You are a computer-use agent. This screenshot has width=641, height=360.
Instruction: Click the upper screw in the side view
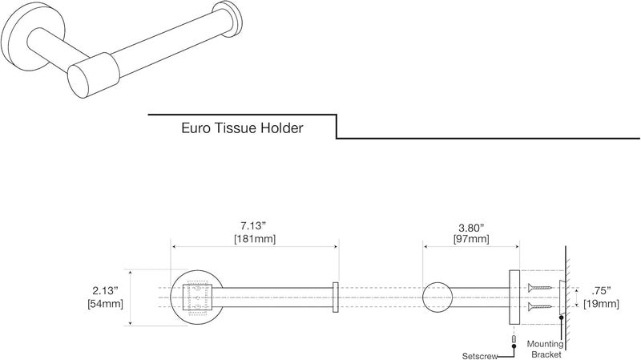pyautogui.click(x=540, y=287)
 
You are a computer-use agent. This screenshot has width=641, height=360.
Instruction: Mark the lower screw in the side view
pyautogui.click(x=540, y=307)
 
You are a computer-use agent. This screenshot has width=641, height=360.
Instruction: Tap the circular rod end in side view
pyautogui.click(x=437, y=297)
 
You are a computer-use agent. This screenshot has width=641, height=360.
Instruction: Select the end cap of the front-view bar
pyautogui.click(x=336, y=297)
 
